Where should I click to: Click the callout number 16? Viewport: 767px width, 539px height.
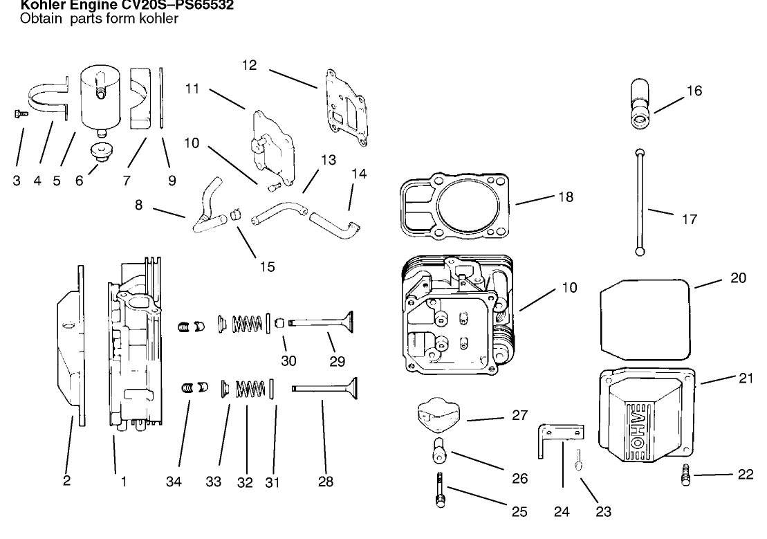click(x=694, y=91)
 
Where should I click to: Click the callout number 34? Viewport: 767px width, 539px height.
click(x=178, y=482)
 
